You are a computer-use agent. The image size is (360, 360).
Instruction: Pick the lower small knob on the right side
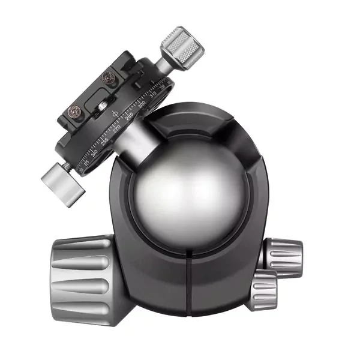coord(263,289)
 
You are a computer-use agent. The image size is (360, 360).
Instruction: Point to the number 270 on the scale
coord(118,127)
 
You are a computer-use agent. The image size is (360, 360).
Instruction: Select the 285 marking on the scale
coord(130,116)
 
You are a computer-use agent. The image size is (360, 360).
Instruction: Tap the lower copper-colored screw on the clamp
coord(75,112)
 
